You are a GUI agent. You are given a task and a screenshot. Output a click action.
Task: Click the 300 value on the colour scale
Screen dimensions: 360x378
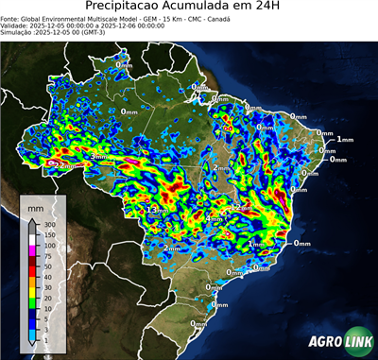pos(47,226)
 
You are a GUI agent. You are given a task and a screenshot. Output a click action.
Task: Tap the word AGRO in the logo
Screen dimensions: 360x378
pos(327,341)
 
